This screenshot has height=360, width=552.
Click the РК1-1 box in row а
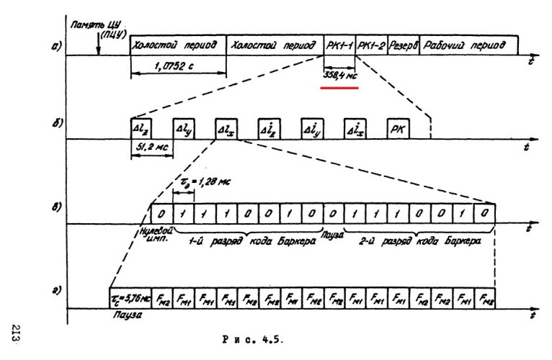340,45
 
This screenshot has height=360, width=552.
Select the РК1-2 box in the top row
373,45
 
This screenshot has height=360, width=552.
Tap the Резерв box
404,45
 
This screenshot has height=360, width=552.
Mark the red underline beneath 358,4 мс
339,88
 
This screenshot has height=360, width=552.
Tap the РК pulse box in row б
398,130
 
